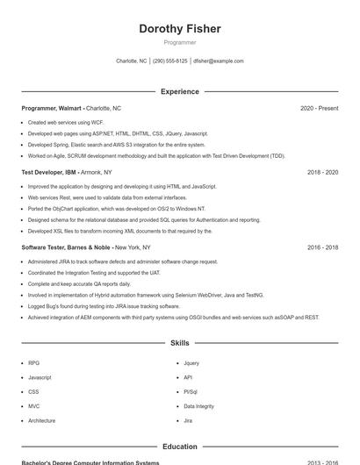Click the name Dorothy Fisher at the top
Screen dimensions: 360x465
pyautogui.click(x=180, y=28)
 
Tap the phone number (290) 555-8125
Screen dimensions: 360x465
pyautogui.click(x=169, y=61)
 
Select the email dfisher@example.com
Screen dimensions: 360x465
pyautogui.click(x=219, y=61)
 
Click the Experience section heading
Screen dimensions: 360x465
pyautogui.click(x=180, y=91)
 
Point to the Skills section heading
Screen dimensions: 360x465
pyautogui.click(x=180, y=343)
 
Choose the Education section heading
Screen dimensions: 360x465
pyautogui.click(x=180, y=447)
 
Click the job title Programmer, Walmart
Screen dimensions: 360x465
pyautogui.click(x=52, y=108)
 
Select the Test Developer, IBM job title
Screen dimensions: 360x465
pyautogui.click(x=50, y=172)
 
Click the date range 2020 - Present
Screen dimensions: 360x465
pyautogui.click(x=319, y=108)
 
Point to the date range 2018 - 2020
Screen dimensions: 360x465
pyautogui.click(x=322, y=172)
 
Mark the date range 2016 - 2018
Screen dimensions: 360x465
pyautogui.click(x=322, y=247)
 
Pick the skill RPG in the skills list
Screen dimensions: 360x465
pyautogui.click(x=33, y=362)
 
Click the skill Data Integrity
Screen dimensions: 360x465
pyautogui.click(x=198, y=406)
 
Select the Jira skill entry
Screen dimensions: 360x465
pyautogui.click(x=188, y=420)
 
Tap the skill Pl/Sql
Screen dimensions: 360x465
pyautogui.click(x=191, y=391)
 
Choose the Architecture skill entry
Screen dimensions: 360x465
pyautogui.click(x=41, y=420)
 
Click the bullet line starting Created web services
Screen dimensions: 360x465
pyautogui.click(x=66, y=123)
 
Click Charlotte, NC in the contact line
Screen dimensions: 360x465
pyautogui.click(x=132, y=61)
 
